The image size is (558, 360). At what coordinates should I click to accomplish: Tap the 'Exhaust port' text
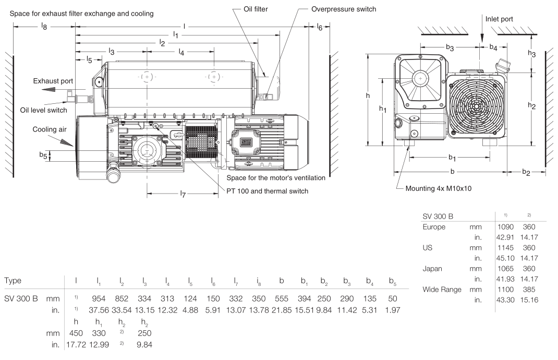point(53,81)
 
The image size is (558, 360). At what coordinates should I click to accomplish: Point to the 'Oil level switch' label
point(43,110)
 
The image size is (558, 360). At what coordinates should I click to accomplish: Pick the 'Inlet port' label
point(499,19)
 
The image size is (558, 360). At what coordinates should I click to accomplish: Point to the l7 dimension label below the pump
point(182,195)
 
